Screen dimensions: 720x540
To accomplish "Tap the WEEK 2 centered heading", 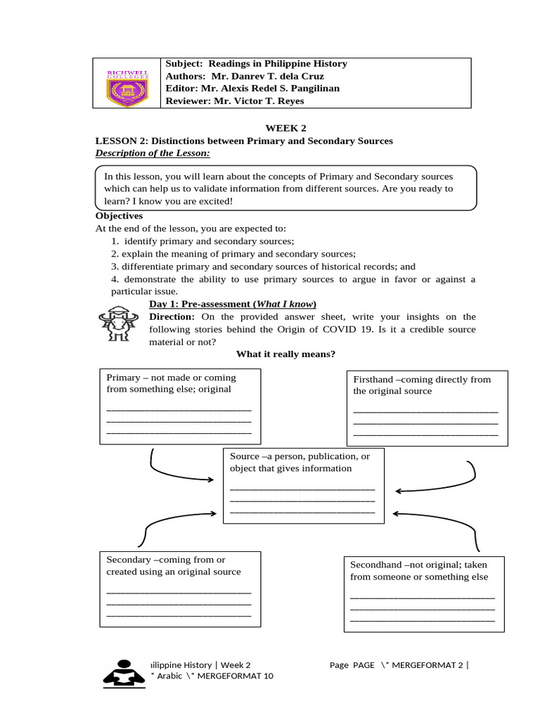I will tap(285, 128).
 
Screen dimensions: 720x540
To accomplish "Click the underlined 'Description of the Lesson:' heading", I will tap(153, 153).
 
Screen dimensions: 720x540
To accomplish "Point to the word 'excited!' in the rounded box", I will tap(214, 201).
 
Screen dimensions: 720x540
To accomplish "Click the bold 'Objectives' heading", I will tap(119, 216).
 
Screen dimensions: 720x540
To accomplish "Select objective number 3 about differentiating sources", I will tap(263, 266).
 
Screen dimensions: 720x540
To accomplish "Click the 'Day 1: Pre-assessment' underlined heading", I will tap(232, 304).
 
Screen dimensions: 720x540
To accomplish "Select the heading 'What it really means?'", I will tap(285, 354).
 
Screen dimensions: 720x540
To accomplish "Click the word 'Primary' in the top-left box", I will tap(124, 377).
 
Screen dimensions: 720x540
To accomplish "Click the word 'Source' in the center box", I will tap(244, 456).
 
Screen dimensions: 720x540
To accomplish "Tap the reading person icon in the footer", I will tap(123, 674).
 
